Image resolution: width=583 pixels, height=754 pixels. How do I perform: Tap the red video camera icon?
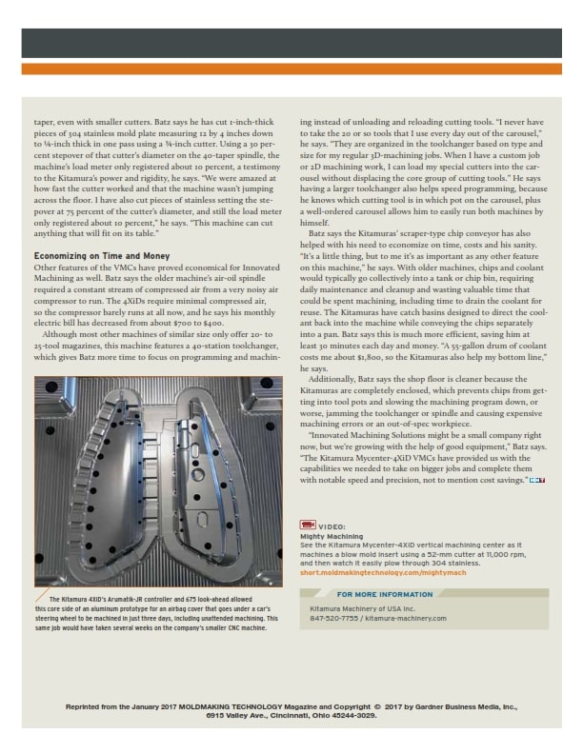click(309, 525)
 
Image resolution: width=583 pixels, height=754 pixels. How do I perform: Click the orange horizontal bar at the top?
click(291, 69)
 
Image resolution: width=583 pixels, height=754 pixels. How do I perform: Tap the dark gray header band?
click(291, 42)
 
